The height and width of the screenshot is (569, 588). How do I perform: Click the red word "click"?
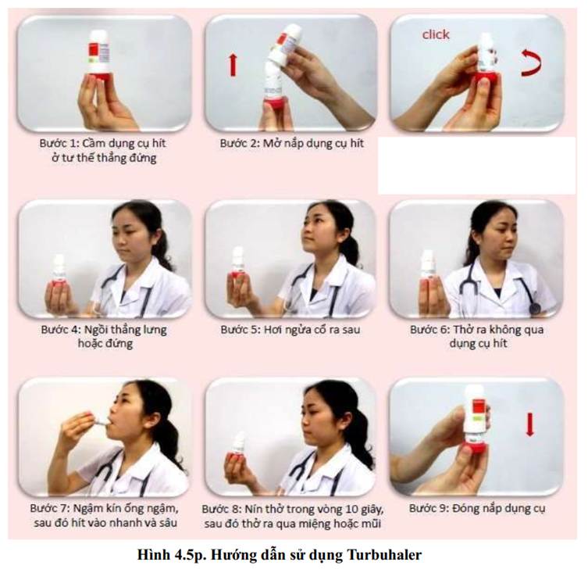tap(436, 34)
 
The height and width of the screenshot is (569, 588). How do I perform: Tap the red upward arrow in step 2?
tap(233, 65)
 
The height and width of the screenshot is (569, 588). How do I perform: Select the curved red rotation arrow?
tap(532, 63)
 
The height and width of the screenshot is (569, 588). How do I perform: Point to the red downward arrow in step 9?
tap(529, 424)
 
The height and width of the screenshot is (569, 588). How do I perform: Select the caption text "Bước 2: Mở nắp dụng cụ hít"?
tap(291, 143)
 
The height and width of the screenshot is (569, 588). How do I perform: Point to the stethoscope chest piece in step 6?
tap(534, 309)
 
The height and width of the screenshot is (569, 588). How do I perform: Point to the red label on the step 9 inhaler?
tap(479, 407)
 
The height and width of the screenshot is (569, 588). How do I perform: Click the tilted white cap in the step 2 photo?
tap(288, 43)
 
